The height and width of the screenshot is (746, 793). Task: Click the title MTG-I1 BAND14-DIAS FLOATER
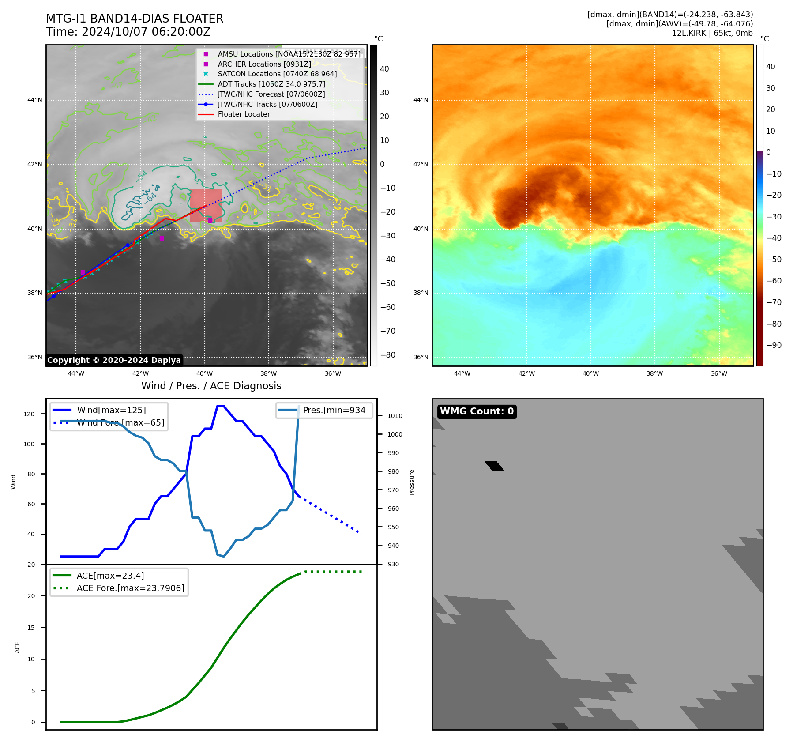[x=135, y=19]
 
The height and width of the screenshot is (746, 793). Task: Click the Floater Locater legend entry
[x=244, y=114]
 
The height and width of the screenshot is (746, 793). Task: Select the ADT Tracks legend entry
[x=271, y=84]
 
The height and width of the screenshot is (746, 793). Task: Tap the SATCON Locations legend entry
[x=277, y=74]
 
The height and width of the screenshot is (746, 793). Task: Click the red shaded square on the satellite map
[x=206, y=205]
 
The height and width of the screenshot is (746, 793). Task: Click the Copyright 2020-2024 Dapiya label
[x=114, y=360]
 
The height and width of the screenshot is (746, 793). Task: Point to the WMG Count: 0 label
[x=477, y=411]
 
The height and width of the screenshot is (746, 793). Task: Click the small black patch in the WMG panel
[x=494, y=466]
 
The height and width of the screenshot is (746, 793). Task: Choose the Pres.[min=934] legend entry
[x=335, y=410]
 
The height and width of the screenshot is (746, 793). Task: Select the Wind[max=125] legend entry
[x=111, y=410]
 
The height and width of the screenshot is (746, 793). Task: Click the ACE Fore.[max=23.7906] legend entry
[x=130, y=588]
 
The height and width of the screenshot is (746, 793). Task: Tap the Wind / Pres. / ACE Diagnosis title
[x=211, y=386]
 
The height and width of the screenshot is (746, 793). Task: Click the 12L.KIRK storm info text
[x=712, y=33]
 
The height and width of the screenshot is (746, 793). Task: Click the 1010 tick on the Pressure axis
[x=395, y=416]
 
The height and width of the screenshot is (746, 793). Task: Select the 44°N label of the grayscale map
[x=35, y=100]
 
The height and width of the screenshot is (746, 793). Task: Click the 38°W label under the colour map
[x=654, y=373]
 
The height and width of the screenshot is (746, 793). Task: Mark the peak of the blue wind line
[x=221, y=406]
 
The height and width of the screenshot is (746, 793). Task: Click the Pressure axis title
[x=412, y=482]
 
